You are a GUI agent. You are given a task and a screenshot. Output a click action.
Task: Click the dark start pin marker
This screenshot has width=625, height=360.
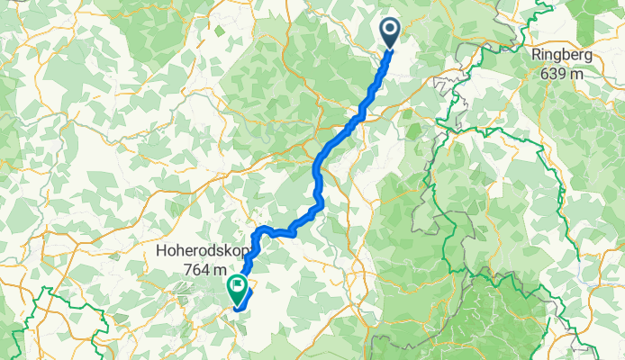pos(390,31)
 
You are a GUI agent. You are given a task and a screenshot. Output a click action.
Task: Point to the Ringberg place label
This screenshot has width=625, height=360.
pos(563,56)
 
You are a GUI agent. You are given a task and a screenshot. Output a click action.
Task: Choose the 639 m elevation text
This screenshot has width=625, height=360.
pos(563,74)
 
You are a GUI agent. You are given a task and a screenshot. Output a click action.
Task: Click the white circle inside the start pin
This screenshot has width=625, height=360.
pos(390,29)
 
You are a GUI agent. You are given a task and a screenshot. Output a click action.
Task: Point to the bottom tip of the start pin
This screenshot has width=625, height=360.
pos(390,48)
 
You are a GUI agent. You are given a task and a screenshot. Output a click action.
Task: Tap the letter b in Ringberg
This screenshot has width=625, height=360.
pos(568,56)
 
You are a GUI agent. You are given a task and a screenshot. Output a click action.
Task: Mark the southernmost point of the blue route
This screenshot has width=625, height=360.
pos(238,310)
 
